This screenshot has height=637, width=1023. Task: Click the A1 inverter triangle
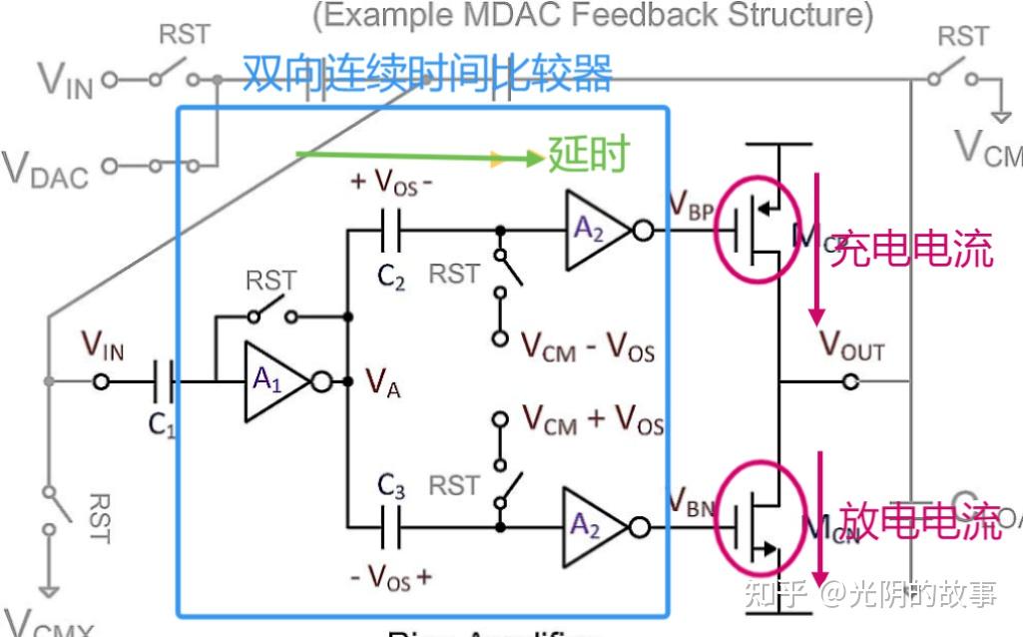[271, 380]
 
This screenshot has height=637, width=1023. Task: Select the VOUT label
[851, 345]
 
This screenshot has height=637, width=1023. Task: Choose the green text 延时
[589, 155]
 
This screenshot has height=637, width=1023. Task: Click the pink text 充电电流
[912, 248]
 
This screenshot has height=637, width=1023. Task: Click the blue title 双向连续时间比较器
[427, 74]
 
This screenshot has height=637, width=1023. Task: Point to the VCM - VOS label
[588, 346]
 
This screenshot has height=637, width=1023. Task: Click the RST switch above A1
[271, 315]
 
